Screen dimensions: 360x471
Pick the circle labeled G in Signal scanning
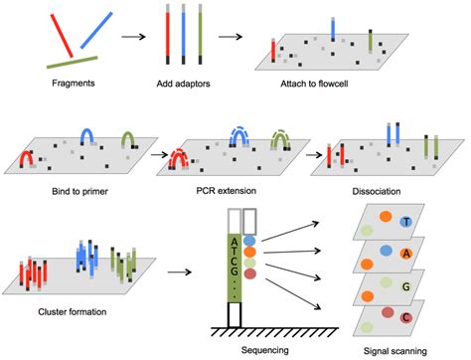click(x=404, y=286)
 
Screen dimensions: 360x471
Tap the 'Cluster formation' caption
click(x=62, y=311)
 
